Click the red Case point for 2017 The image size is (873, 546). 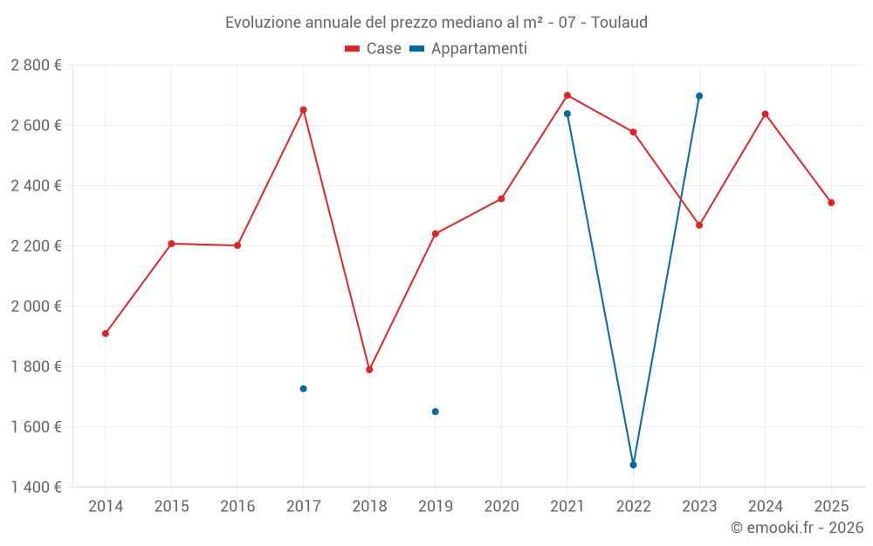(x=303, y=110)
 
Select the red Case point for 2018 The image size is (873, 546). (x=369, y=370)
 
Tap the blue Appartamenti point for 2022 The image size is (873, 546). (x=633, y=465)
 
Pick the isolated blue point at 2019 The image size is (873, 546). (x=436, y=411)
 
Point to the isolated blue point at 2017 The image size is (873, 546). (x=303, y=389)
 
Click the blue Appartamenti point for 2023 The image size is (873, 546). (x=699, y=96)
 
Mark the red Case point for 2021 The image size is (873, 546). (x=567, y=95)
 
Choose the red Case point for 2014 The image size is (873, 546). (x=106, y=334)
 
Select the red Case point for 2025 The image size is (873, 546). (x=831, y=203)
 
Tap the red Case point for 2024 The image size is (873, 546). (x=766, y=114)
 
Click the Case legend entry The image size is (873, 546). (x=374, y=49)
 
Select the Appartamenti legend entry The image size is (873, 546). (x=469, y=49)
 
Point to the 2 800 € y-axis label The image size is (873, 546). (x=36, y=66)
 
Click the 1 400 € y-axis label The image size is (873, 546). (x=36, y=487)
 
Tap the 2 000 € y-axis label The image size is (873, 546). (x=36, y=307)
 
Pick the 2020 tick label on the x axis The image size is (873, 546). (x=501, y=507)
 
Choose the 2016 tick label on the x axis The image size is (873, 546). (x=237, y=507)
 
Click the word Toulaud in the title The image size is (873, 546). (x=619, y=23)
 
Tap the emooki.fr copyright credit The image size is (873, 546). (x=796, y=528)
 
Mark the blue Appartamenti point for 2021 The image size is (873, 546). (x=567, y=114)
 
